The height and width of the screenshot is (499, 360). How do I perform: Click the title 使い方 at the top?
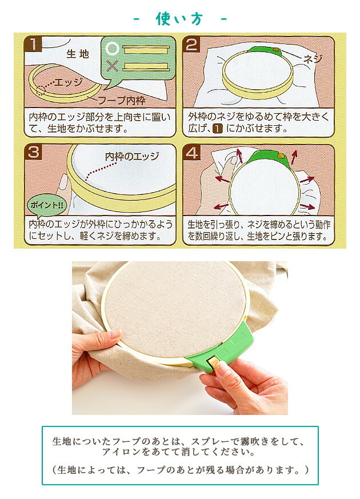pos(179,18)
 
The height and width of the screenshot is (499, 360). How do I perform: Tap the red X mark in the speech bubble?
pos(112,66)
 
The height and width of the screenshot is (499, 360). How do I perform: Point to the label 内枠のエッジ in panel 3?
pos(132,157)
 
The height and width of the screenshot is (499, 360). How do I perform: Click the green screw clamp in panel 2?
pos(270,52)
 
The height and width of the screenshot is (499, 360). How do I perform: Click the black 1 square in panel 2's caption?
pos(217,129)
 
